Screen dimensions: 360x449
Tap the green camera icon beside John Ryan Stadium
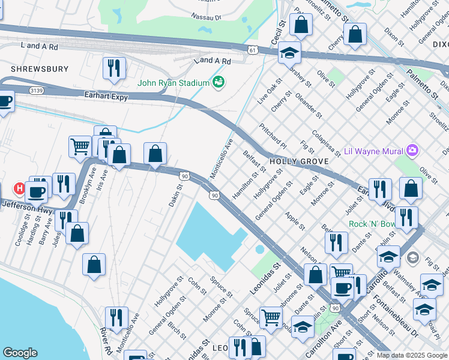(x=218, y=82)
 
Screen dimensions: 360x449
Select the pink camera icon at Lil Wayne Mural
(x=412, y=150)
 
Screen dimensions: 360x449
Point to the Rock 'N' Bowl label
(x=374, y=224)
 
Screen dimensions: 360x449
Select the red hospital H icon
(x=19, y=188)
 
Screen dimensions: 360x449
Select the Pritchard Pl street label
(x=273, y=135)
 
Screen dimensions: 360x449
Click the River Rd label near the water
(x=107, y=340)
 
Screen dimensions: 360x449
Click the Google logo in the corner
(x=20, y=353)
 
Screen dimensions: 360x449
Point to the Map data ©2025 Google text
(x=412, y=355)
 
